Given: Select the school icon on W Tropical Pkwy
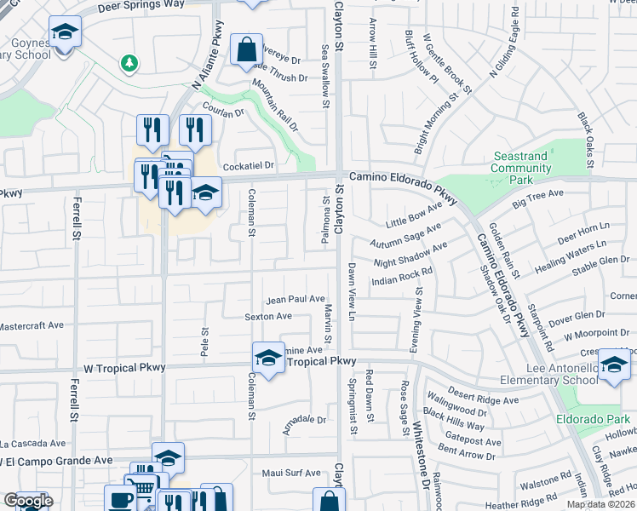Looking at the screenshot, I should pyautogui.click(x=268, y=359).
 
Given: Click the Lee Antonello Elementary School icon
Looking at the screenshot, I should pyautogui.click(x=614, y=365).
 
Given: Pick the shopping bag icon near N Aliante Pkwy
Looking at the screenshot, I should pyautogui.click(x=246, y=50).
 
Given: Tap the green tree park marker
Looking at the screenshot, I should pyautogui.click(x=129, y=62).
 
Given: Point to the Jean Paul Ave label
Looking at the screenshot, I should pyautogui.click(x=295, y=300).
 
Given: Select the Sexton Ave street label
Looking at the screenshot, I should pyautogui.click(x=268, y=316).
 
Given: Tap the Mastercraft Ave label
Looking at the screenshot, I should pyautogui.click(x=32, y=325).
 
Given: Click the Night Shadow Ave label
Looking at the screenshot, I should pyautogui.click(x=410, y=255).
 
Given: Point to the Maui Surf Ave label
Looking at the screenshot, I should pyautogui.click(x=290, y=474).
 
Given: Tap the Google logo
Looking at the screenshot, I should pyautogui.click(x=28, y=502).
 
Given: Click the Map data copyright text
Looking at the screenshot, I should pyautogui.click(x=600, y=504).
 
